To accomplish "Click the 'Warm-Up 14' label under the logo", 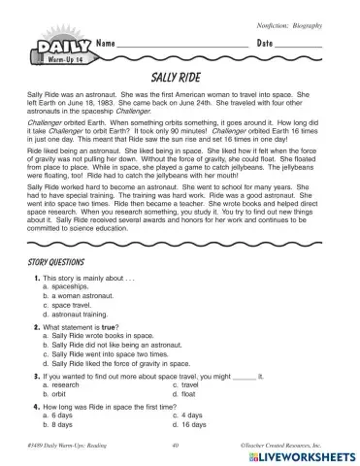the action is [x=55, y=60].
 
